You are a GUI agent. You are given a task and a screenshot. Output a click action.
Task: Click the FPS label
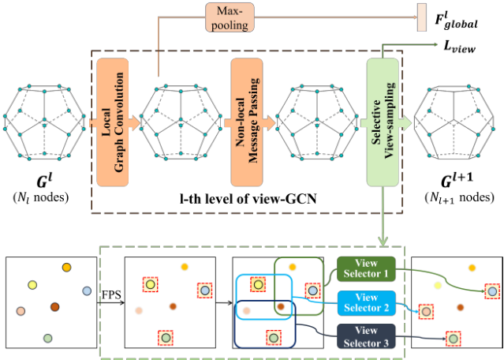point(108,294)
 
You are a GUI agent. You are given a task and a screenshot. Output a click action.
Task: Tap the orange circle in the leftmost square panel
point(67,268)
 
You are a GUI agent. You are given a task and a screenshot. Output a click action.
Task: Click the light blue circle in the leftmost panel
point(88,291)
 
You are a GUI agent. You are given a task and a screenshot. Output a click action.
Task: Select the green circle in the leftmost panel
point(47,339)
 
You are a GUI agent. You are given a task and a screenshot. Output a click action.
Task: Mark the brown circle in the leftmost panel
point(55,306)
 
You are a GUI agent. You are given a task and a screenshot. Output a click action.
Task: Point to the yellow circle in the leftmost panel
point(32,284)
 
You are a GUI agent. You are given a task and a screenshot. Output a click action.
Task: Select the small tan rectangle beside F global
point(421,17)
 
